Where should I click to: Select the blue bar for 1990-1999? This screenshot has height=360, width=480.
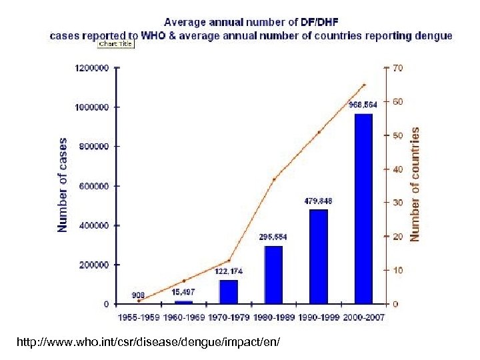click(318, 257)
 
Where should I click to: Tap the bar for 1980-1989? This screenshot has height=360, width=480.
click(273, 275)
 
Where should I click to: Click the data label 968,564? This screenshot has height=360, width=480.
click(363, 104)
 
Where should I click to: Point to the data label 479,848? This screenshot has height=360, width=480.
click(319, 201)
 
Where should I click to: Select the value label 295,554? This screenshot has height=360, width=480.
click(273, 237)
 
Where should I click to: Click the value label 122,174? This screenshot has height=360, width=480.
click(229, 271)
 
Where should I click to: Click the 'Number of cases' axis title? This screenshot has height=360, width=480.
click(63, 185)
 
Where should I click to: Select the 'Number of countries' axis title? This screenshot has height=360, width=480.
click(415, 185)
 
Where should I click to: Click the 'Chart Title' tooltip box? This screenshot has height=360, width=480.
click(116, 44)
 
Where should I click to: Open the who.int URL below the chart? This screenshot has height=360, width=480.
click(150, 342)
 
